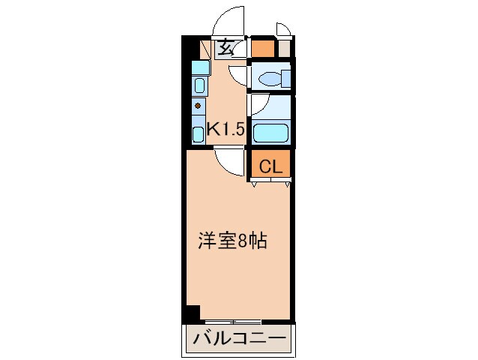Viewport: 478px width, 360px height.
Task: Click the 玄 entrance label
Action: (225, 49)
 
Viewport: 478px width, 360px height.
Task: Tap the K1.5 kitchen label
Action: (226, 129)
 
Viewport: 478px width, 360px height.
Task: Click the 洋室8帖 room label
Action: (233, 241)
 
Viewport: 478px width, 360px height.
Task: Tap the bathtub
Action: (270, 133)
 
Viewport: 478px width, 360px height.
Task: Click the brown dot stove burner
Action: (198, 105)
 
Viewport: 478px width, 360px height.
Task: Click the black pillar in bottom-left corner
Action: (191, 313)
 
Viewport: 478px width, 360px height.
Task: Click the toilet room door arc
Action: (238, 76)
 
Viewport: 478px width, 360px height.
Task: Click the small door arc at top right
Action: (282, 28)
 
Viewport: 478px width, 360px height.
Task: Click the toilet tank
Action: (285, 76)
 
